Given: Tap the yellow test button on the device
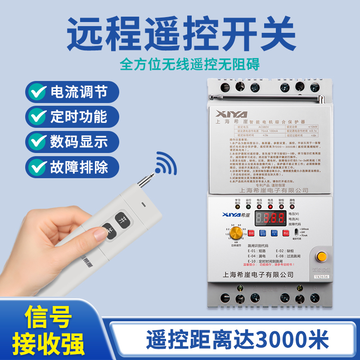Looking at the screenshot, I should pos(321,256).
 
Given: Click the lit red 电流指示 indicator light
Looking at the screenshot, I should pos(271,208).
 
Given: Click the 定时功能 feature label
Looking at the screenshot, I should pos(79,117).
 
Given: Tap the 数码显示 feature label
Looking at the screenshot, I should pos(79,142).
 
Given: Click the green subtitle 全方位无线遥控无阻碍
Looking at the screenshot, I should pos(189,64).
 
